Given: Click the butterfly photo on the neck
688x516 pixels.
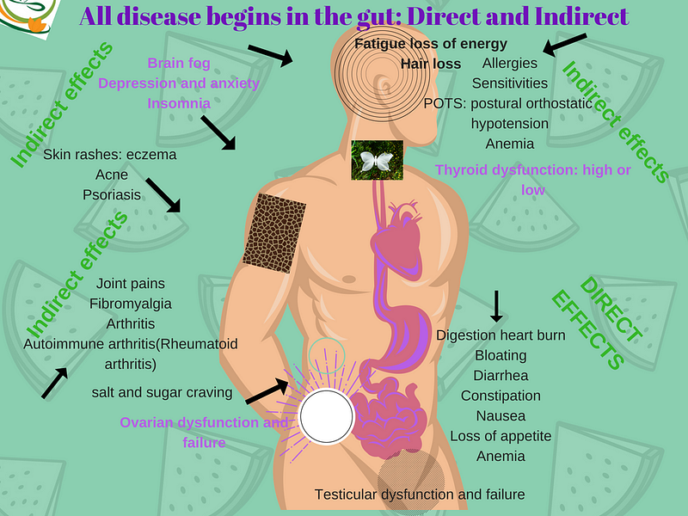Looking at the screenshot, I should [x=377, y=160].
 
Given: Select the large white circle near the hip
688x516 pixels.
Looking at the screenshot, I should [x=326, y=416].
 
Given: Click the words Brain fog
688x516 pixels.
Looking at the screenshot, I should [x=178, y=63].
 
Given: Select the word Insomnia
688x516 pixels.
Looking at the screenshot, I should [x=179, y=103].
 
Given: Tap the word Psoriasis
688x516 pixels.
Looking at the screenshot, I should [x=112, y=194].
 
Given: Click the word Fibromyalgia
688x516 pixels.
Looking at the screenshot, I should [x=131, y=304].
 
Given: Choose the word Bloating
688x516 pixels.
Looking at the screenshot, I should [x=501, y=355].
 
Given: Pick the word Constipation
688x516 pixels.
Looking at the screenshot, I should [x=501, y=396].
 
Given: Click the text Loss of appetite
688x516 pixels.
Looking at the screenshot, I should [x=501, y=436].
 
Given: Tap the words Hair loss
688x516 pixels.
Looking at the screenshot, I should [x=431, y=64].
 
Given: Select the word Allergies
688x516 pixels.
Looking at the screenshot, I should [x=510, y=63].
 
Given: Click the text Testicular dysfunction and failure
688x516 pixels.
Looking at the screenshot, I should [x=419, y=494].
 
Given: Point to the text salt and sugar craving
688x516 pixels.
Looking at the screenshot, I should [x=163, y=393].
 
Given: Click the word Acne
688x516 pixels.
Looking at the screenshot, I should [x=112, y=175].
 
